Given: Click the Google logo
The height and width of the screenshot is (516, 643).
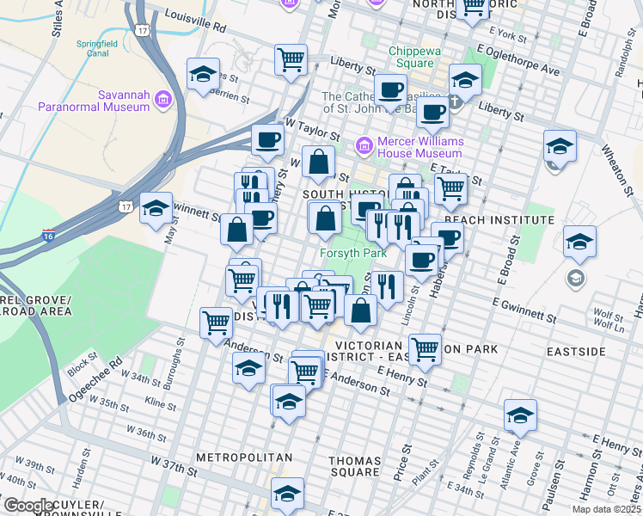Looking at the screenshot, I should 28,506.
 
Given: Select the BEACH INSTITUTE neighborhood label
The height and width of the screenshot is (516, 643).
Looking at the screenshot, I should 499,220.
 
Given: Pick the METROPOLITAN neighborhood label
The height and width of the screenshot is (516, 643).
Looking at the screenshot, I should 244,458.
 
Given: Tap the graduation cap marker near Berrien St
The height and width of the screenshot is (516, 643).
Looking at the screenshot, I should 203,76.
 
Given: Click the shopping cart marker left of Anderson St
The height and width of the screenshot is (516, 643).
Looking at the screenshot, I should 215,323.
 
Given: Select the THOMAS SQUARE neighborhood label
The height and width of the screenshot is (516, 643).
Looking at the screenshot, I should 354,466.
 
